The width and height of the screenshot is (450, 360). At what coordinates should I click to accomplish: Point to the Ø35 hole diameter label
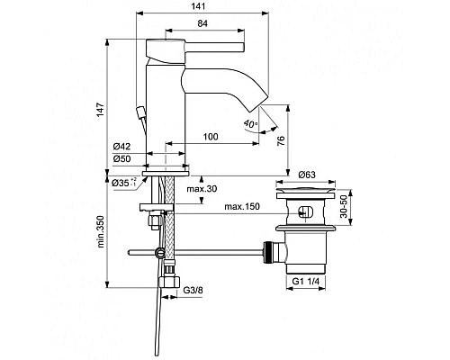125,183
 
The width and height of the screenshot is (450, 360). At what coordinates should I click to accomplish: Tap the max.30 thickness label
202,189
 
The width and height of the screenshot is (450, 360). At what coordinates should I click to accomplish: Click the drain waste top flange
305,192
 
